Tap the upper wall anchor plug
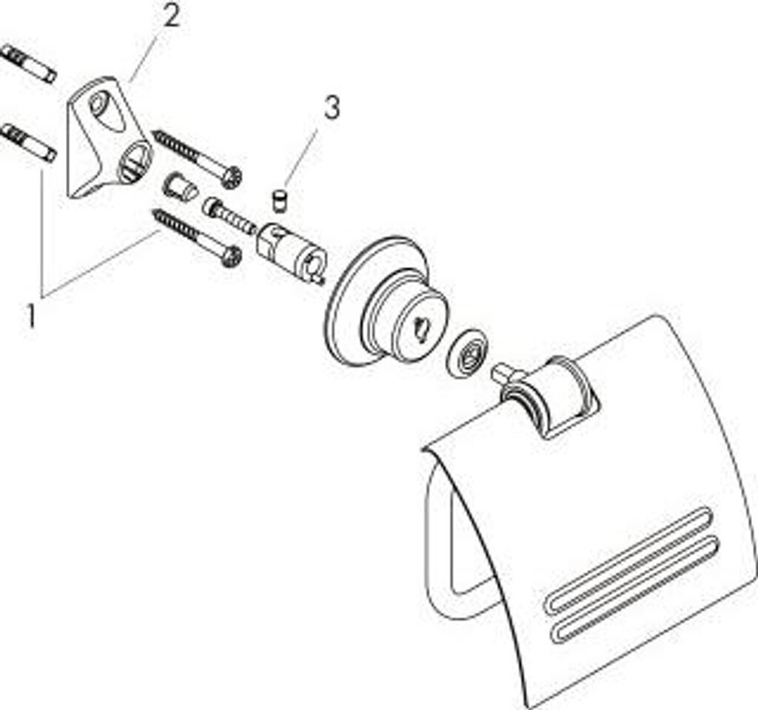click(28, 64)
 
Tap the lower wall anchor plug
click(28, 143)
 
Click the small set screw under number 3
click(280, 200)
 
